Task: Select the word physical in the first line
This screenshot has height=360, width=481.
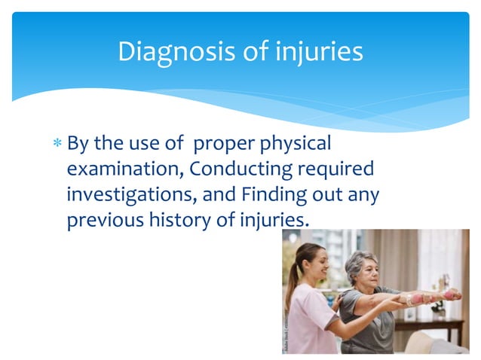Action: pyautogui.click(x=293, y=143)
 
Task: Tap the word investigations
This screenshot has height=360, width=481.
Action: pyautogui.click(x=128, y=194)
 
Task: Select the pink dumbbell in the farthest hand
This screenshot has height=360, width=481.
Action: pyautogui.click(x=453, y=294)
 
